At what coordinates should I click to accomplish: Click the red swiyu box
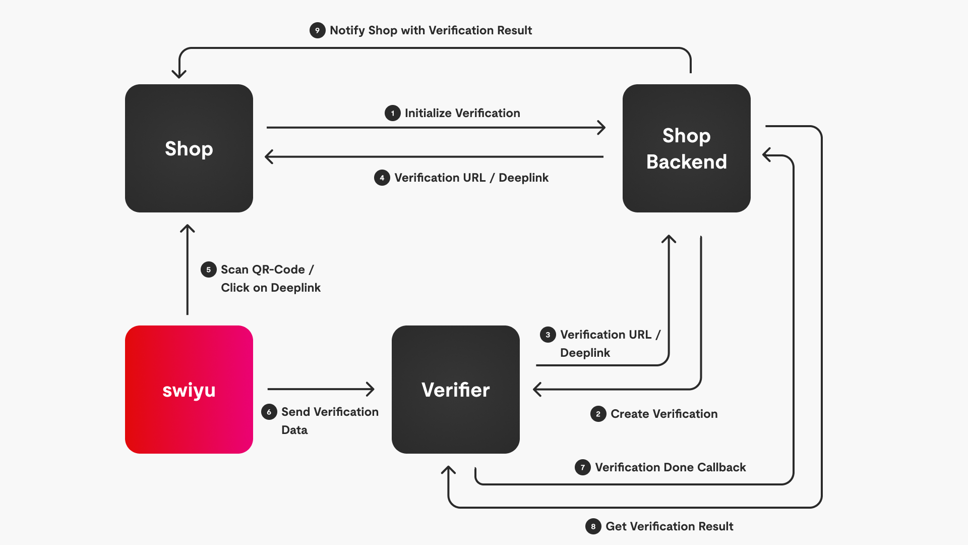click(x=189, y=389)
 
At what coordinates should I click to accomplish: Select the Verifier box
click(x=455, y=389)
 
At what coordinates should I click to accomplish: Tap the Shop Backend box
click(x=686, y=148)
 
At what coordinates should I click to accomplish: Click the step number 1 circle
click(x=393, y=113)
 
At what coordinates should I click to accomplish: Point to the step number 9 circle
click(x=317, y=30)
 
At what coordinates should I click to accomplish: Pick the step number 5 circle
click(x=209, y=269)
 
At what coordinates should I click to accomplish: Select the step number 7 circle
click(x=583, y=467)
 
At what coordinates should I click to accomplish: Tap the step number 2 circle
click(x=598, y=414)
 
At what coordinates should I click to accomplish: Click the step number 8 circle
click(x=593, y=526)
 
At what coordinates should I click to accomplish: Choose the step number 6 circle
click(x=269, y=412)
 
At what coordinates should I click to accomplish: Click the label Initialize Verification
click(x=462, y=113)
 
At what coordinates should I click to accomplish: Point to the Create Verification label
click(x=664, y=414)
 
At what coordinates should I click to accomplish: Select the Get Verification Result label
click(x=669, y=526)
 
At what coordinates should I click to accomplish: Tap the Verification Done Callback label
click(x=670, y=467)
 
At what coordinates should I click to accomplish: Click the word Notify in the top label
click(x=347, y=30)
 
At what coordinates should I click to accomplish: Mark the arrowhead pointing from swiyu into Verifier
click(x=371, y=389)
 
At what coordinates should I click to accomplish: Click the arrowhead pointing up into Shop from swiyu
click(x=188, y=228)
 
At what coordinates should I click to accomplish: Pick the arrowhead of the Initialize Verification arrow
click(x=601, y=128)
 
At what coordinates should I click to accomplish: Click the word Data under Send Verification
click(x=294, y=430)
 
